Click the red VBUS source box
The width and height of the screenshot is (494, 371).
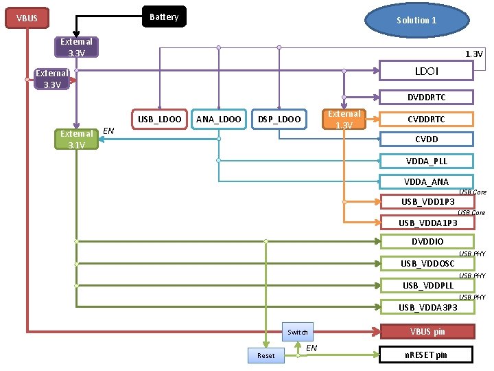[x=27, y=18]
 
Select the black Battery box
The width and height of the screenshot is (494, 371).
[x=164, y=16]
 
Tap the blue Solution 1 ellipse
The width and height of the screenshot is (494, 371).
[x=417, y=20]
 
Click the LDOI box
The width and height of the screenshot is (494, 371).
[x=426, y=71]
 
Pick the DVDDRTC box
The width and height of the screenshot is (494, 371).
[x=426, y=97]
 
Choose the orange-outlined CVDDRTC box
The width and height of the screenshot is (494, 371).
[x=426, y=120]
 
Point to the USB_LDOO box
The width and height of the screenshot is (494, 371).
[x=159, y=120]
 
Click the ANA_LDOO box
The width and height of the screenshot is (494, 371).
[x=219, y=120]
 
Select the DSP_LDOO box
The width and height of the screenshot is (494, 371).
[x=279, y=120]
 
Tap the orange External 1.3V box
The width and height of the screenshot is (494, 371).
[x=344, y=120]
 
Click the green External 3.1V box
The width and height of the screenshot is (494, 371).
[x=77, y=139]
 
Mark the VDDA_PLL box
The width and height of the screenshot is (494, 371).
[x=426, y=161]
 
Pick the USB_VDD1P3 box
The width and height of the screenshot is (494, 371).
[x=427, y=201]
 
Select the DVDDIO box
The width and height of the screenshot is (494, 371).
[x=427, y=241]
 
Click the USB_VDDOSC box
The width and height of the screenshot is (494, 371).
[x=427, y=263]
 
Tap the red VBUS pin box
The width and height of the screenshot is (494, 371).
[x=427, y=332]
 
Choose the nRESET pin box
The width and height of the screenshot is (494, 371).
[x=426, y=355]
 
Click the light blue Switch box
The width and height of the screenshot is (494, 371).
[x=297, y=332]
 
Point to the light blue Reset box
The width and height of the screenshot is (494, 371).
[x=266, y=356]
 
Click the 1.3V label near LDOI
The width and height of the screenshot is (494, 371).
[x=473, y=54]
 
